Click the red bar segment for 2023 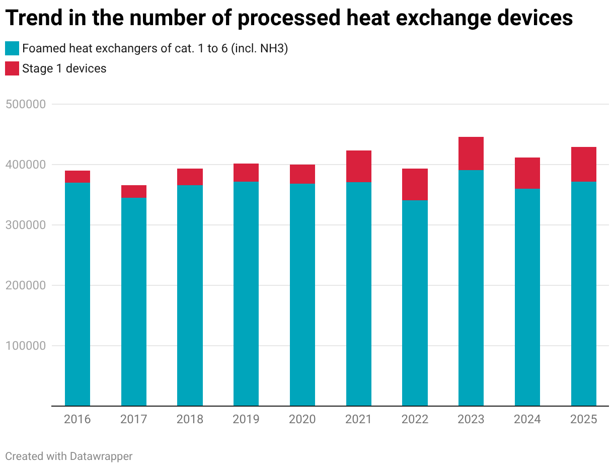point(471,153)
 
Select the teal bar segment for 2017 point(134,302)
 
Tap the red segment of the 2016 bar point(78,177)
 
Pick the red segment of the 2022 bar point(415,185)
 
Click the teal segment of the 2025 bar point(584,294)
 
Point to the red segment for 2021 point(359,167)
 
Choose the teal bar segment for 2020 point(302,295)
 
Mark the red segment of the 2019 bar point(246,173)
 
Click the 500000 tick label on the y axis point(26,104)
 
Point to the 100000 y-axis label point(26,346)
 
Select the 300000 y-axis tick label point(26,225)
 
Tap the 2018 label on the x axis point(190,419)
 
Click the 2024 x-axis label point(527,419)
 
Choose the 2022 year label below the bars point(415,419)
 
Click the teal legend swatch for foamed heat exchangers point(12,48)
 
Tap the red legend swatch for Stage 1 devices point(12,68)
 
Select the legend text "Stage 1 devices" point(64,68)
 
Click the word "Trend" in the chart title point(34,18)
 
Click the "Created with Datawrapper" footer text point(69,456)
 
